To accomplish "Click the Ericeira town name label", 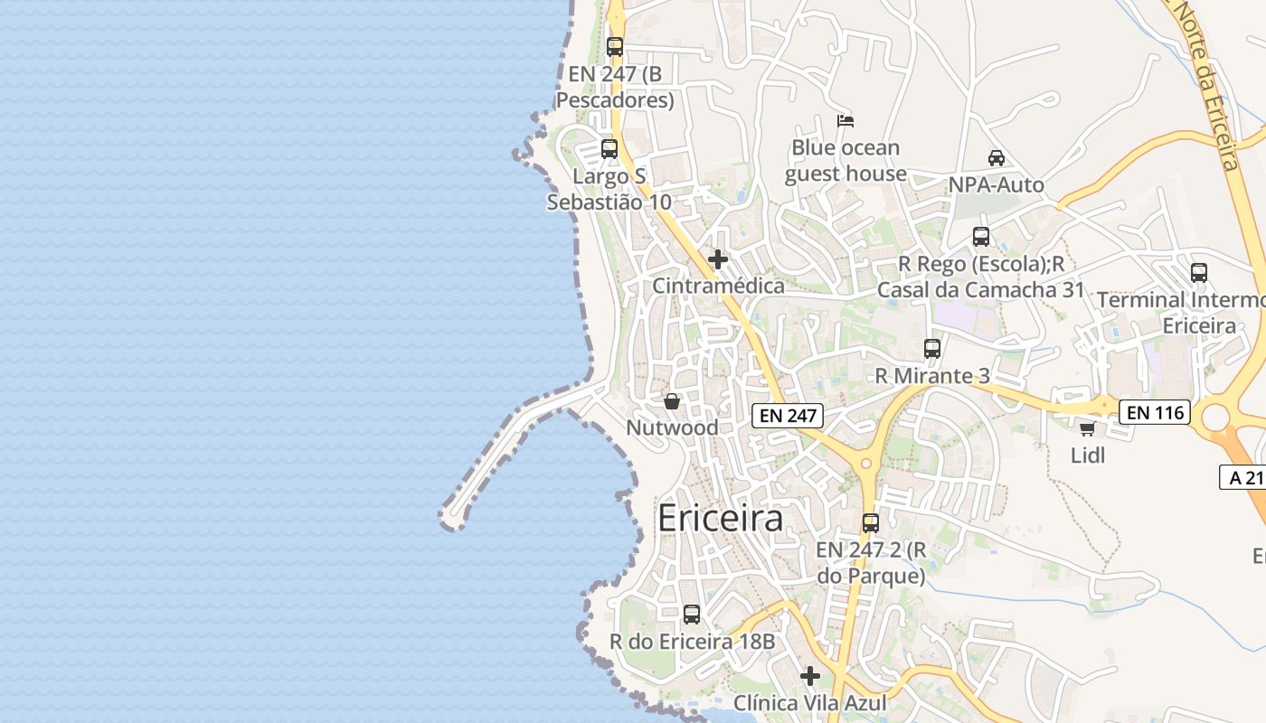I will tap(720, 519).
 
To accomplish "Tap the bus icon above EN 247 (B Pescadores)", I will tap(615, 47).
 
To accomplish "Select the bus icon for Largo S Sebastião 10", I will tap(609, 149).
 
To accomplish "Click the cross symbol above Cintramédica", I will tap(718, 260).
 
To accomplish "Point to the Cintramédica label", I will tap(718, 286).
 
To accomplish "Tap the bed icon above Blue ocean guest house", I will tap(846, 120).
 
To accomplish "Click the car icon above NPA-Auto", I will tap(996, 158).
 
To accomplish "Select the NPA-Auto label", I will tap(996, 185).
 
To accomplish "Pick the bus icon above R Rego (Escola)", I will tap(981, 237).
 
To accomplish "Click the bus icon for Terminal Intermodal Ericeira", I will tap(1199, 272).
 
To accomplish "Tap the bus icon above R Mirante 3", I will tap(932, 349).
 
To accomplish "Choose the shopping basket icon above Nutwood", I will tap(672, 401).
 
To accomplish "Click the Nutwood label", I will tap(672, 427).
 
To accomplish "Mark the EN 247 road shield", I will tap(788, 416).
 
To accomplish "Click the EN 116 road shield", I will tap(1155, 413).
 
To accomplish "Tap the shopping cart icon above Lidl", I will tap(1087, 428).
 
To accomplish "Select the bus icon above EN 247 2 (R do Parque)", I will tap(871, 522).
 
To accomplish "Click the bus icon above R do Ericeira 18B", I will tap(692, 615).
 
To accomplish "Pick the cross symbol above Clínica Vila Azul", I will tap(810, 676).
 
